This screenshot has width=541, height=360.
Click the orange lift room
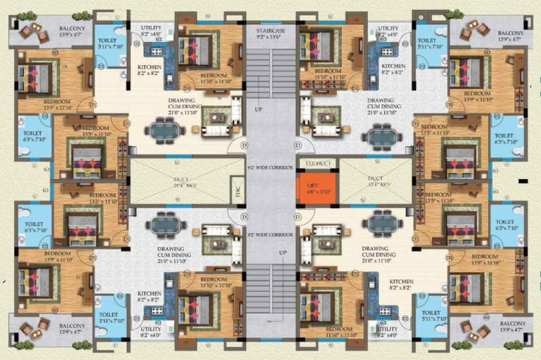(317, 188)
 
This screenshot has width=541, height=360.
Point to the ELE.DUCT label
(318, 163)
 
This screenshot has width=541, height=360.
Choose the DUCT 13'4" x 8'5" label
(375, 181)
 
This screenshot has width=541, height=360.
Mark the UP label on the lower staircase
(282, 253)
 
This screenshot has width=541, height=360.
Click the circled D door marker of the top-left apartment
(244, 145)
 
